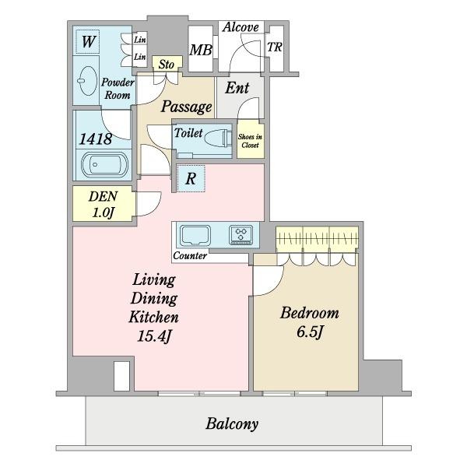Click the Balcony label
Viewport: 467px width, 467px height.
[232, 424]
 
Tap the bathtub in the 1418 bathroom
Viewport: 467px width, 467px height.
[105, 165]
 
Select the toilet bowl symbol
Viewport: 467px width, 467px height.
[218, 139]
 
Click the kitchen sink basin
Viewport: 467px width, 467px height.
[195, 236]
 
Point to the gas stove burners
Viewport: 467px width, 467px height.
[241, 235]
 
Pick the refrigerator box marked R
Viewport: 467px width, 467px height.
[191, 178]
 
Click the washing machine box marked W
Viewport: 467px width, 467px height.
[88, 41]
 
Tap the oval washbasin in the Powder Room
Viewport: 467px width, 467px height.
[87, 80]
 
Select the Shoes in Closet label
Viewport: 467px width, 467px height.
[250, 141]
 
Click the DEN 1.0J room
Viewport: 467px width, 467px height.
[103, 204]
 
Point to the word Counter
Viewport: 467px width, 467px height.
[190, 255]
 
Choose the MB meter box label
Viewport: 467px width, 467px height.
[201, 50]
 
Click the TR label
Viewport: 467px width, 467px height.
[275, 47]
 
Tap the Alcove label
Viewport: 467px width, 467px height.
[241, 27]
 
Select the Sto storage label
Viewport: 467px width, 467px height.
[167, 65]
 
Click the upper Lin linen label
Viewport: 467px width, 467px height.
[139, 40]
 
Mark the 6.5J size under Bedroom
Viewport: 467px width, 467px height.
[310, 332]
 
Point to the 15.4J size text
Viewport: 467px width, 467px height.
[154, 336]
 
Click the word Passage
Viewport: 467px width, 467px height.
[187, 107]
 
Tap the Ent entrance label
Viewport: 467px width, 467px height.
[237, 88]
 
